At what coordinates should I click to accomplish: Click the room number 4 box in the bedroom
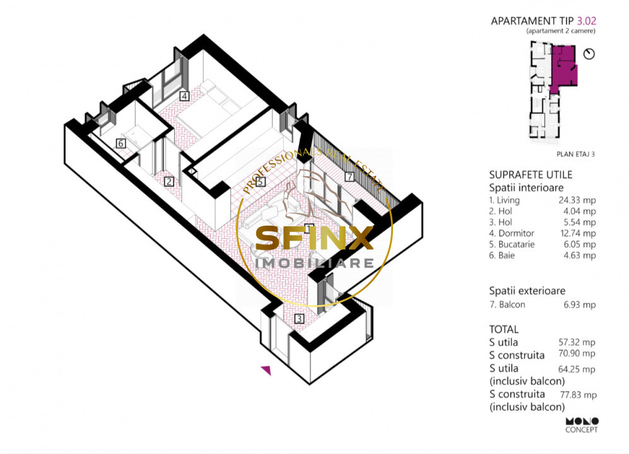184,96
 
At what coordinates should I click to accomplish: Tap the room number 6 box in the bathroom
121,143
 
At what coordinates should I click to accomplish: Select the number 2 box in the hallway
169,182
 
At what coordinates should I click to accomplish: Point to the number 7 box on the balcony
350,176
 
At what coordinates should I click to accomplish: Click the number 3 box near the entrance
299,319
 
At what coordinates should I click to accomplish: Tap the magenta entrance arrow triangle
266,370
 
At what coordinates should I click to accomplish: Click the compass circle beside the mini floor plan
589,54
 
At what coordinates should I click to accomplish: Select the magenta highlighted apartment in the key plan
564,68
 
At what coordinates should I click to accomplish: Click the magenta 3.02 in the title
587,21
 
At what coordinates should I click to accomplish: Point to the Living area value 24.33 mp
577,200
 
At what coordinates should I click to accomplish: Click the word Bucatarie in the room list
516,244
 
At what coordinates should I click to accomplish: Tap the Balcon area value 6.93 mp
580,305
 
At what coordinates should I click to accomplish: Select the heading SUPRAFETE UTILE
531,175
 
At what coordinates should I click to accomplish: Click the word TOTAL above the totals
504,329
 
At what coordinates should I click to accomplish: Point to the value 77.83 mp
579,395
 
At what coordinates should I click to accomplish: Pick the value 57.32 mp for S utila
577,342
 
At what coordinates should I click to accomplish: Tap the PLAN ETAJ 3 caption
575,154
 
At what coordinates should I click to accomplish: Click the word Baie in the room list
506,255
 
